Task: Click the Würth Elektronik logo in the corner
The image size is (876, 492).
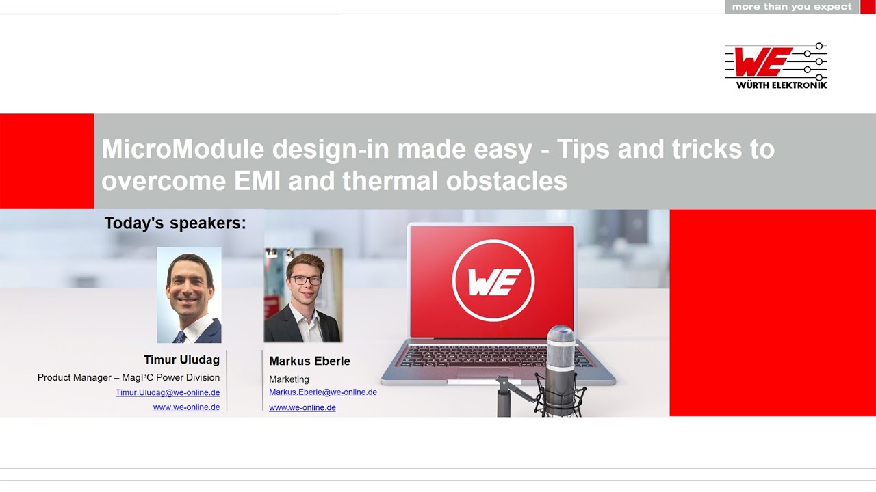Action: pos(776,66)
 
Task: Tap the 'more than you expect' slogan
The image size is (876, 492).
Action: pos(792,7)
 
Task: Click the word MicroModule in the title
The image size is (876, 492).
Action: pos(183,149)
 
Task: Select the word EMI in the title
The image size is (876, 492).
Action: pos(257,181)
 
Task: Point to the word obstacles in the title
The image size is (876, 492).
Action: pos(506,181)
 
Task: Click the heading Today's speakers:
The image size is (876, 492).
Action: pos(175,223)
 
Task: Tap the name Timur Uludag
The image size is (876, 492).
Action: pos(182,359)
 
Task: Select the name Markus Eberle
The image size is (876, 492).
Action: pos(309,361)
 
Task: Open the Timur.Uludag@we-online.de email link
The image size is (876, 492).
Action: pos(168,392)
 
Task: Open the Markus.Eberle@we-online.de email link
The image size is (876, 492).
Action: pos(323,392)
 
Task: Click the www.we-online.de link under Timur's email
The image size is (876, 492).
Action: pos(187,407)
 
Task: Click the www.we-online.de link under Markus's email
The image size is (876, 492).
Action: pos(302,407)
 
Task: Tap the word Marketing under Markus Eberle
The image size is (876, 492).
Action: pos(289,379)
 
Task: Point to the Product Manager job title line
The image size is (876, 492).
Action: pos(129,377)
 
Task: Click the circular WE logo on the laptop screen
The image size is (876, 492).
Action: pos(493,280)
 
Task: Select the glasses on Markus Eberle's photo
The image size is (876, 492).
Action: pos(306,280)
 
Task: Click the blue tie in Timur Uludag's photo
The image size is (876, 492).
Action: pos(179,338)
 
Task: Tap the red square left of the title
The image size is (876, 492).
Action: pos(47,161)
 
